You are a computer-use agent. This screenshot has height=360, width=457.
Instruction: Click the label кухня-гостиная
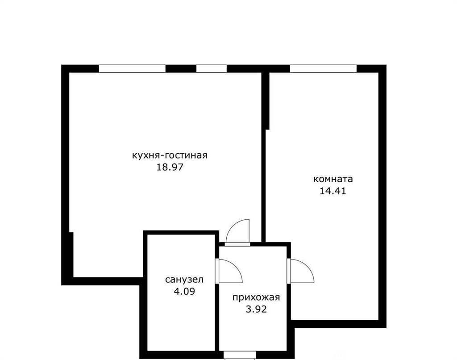pos(170,155)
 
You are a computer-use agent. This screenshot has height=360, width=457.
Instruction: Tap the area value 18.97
pos(170,167)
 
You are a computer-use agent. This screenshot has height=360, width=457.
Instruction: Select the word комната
pos(333,179)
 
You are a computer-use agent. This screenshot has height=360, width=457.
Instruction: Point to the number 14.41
pos(333,191)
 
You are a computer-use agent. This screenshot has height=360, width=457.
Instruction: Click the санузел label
pos(184,280)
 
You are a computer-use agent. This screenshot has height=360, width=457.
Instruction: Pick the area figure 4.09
pos(184,291)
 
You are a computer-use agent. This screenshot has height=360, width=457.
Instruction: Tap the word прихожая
pos(256,297)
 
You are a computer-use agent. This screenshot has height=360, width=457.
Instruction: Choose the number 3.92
pos(256,309)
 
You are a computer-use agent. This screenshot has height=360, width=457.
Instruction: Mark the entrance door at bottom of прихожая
pos(240,355)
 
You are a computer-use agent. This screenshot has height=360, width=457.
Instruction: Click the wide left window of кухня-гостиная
pos(132,68)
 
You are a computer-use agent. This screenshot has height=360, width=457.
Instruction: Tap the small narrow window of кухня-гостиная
pos(212,68)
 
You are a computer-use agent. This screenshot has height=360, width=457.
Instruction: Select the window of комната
pos(323,68)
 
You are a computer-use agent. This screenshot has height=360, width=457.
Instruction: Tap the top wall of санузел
pos(181,233)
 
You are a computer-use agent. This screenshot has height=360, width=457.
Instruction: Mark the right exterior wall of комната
pos(382,196)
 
